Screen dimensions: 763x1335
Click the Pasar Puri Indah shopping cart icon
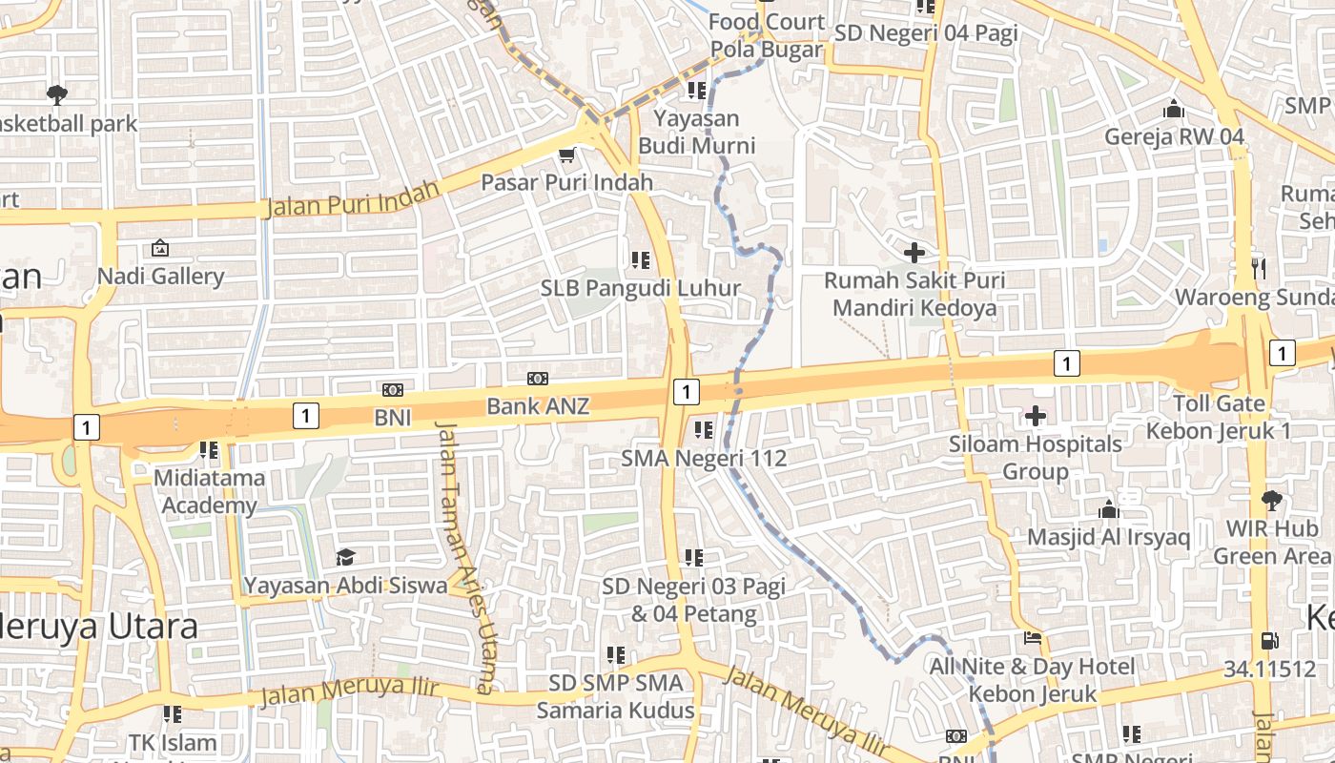point(567,155)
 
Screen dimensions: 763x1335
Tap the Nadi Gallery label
point(161,277)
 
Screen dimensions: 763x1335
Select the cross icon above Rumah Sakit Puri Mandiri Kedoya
point(914,253)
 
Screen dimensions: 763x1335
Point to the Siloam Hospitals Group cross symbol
point(1036,416)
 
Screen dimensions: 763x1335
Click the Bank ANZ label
point(538,406)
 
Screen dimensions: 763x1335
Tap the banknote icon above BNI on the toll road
point(392,389)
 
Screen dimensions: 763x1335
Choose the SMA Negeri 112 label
point(704,458)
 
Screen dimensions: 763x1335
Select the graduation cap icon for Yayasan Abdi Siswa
point(345,557)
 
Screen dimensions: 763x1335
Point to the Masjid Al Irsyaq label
point(1108,537)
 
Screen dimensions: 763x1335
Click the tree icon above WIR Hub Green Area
point(1271,500)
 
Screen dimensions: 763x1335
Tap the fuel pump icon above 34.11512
point(1270,641)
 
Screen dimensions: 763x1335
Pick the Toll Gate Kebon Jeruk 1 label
point(1219,417)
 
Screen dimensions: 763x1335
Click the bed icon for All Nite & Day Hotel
point(1032,638)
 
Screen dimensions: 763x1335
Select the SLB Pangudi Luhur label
point(641,287)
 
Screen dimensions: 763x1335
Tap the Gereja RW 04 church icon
point(1174,109)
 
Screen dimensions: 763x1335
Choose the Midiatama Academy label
point(209,491)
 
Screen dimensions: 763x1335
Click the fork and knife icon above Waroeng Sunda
point(1259,269)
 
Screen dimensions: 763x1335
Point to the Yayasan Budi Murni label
point(696,132)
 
